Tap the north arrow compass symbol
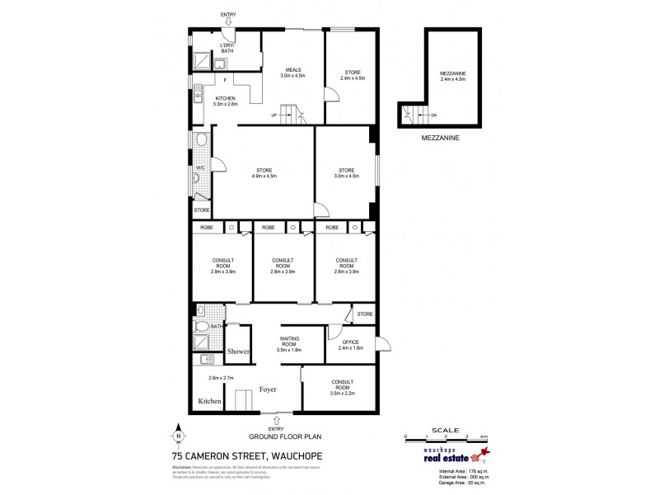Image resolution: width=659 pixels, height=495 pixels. [178, 435]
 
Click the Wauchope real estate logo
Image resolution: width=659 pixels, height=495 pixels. [450, 455]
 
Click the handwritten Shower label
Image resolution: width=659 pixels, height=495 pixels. [239, 351]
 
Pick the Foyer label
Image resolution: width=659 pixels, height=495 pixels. [268, 389]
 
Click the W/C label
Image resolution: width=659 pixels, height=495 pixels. [200, 168]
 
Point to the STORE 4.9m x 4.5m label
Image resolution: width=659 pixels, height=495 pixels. [264, 173]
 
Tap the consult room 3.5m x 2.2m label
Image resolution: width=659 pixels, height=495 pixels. [343, 385]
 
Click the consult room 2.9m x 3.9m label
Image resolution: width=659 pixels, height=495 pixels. [223, 266]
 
